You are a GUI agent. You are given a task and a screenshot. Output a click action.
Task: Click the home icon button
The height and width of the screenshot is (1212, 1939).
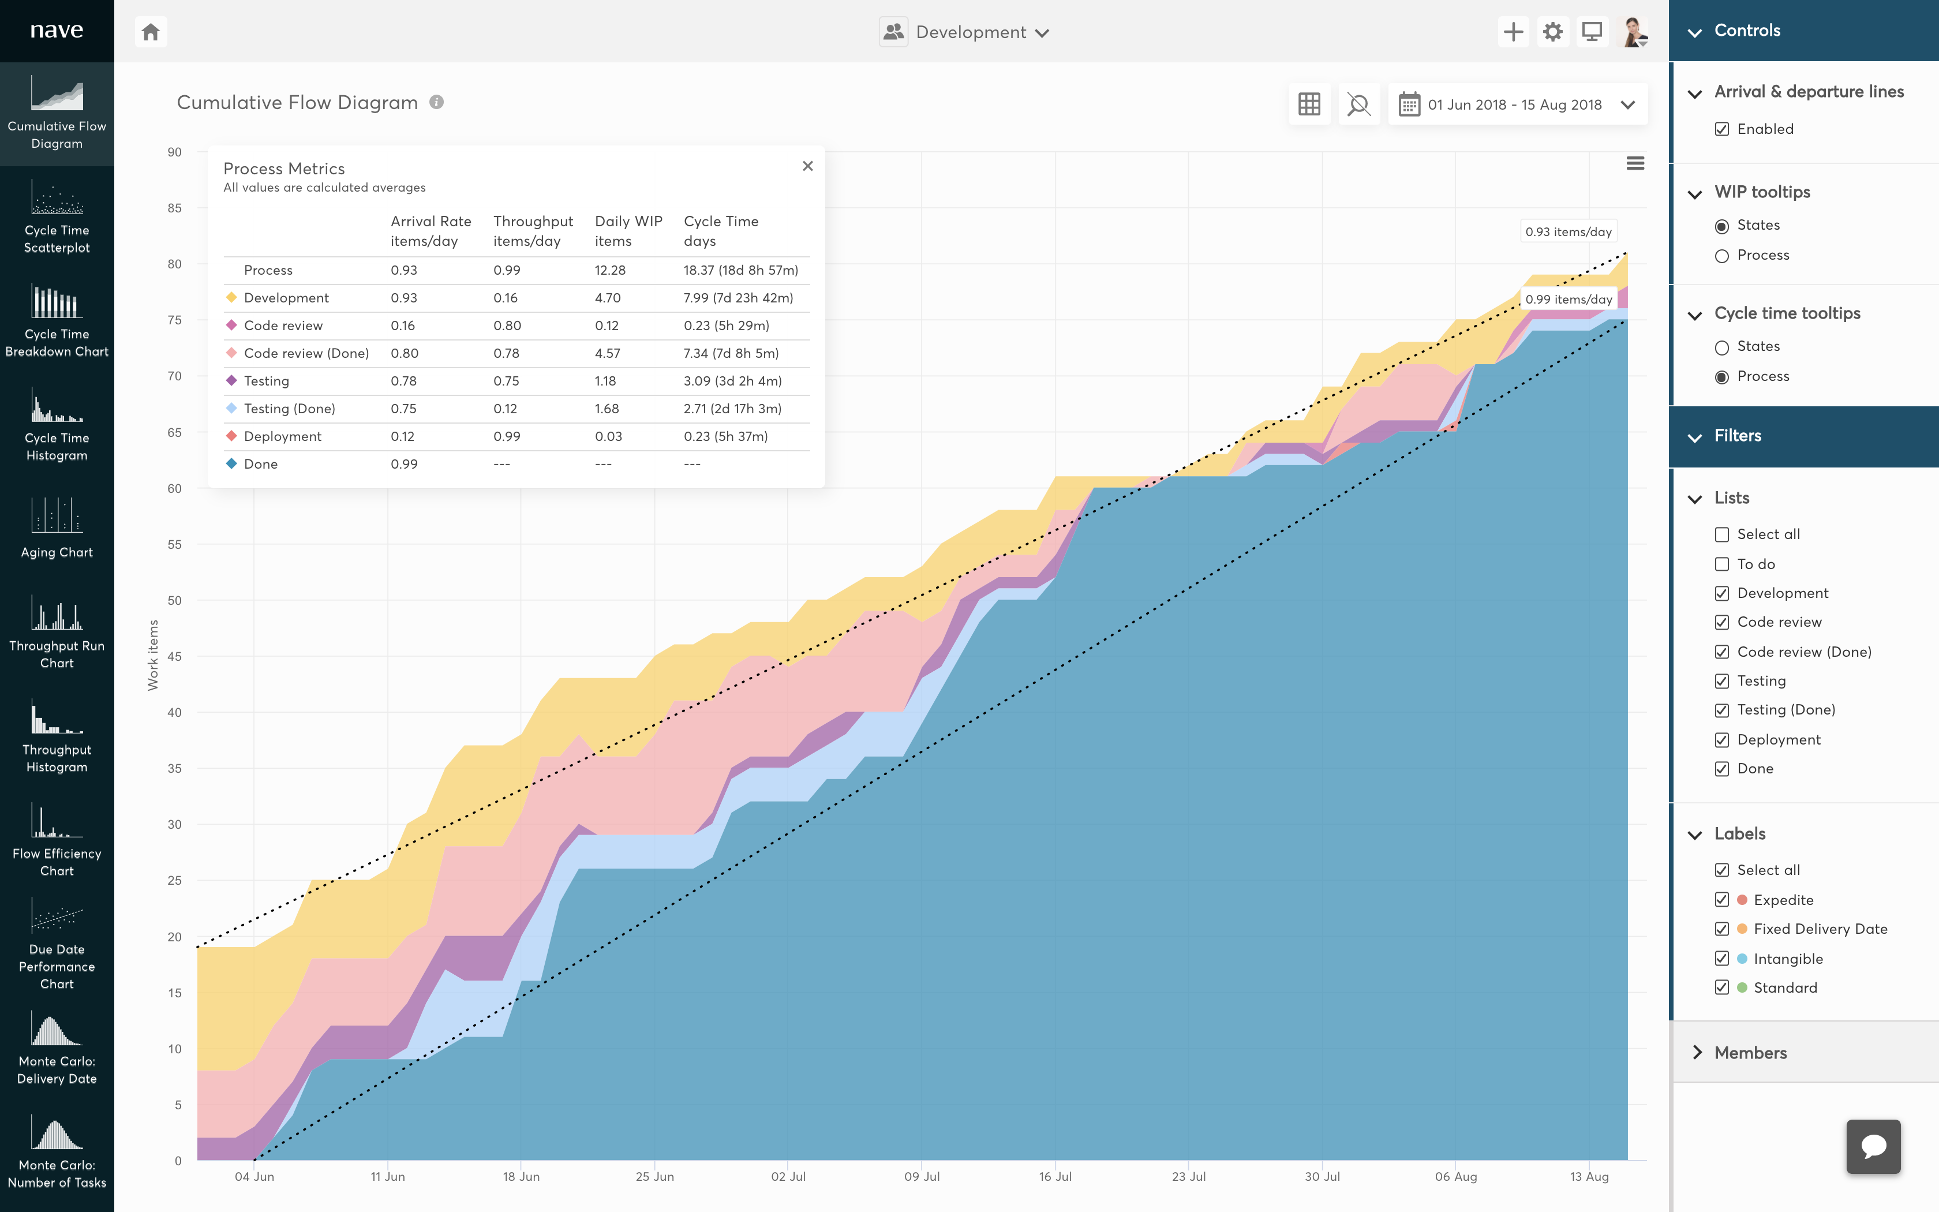tap(151, 32)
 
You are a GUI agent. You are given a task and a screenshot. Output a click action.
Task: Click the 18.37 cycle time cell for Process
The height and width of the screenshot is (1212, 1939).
tap(740, 270)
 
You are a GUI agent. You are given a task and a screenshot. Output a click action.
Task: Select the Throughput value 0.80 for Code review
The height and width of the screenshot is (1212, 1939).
tap(506, 326)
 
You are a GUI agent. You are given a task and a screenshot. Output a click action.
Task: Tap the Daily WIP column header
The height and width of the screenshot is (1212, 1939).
tap(628, 231)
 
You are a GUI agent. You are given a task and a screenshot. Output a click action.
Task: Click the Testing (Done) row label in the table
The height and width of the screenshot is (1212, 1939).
tap(289, 409)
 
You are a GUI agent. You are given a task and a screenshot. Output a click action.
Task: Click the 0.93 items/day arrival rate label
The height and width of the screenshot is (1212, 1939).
tap(1568, 231)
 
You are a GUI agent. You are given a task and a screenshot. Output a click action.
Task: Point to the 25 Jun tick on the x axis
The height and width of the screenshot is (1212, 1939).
tap(654, 1176)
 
